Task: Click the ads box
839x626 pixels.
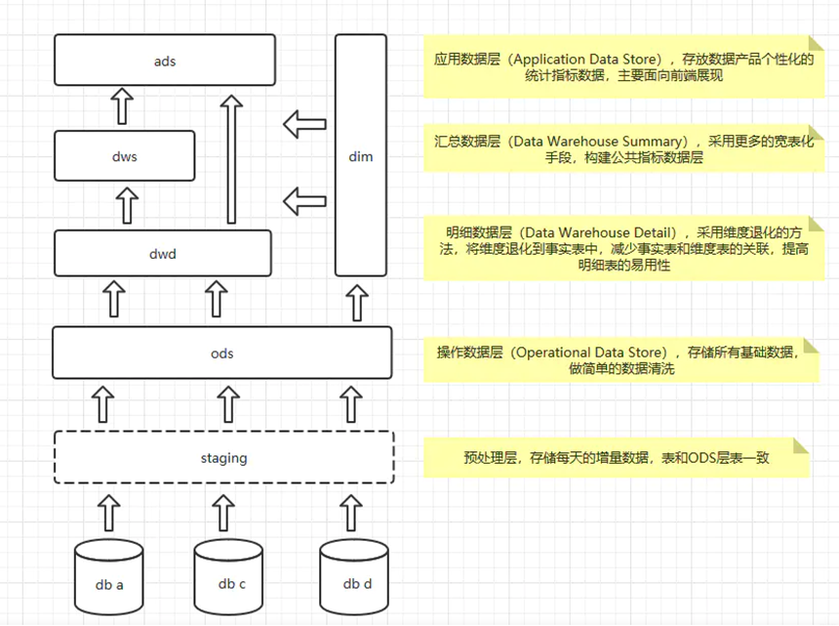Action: [x=164, y=61]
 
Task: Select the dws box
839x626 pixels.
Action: [x=124, y=156]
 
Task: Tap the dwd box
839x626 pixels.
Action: [x=163, y=254]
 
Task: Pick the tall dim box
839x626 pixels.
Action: [x=360, y=156]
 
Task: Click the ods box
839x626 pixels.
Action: [x=221, y=353]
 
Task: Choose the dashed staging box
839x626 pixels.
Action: [x=223, y=457]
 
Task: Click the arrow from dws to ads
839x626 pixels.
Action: [x=122, y=105]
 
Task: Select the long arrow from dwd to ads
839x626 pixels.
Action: [x=230, y=161]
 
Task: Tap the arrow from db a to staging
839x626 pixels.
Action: [x=109, y=510]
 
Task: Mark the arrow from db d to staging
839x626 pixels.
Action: [x=350, y=510]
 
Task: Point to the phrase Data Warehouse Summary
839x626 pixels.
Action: [x=599, y=141]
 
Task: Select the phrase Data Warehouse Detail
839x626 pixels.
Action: [x=597, y=232]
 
